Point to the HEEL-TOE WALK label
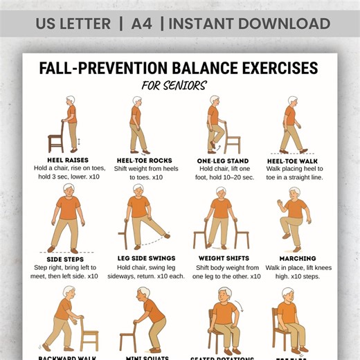pos(291,160)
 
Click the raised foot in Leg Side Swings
pos(166,236)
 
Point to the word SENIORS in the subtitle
pos(188,86)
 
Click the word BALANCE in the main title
pos(190,69)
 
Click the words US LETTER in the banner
pos(73,24)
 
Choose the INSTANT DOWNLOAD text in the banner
pos(249,24)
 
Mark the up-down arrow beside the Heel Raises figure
pos(78,142)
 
